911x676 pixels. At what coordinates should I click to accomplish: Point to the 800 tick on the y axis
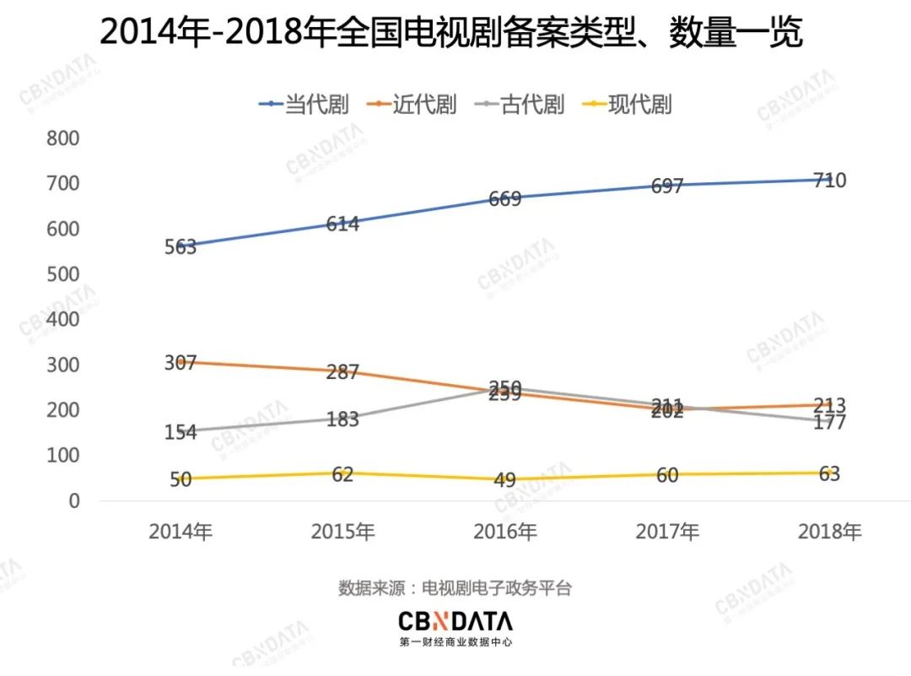62,138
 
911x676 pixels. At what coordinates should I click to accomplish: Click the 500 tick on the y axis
62,274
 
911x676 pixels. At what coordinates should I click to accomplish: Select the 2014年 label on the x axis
180,533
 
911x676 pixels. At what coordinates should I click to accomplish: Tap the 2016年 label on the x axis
504,533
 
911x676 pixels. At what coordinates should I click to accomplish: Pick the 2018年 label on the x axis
829,533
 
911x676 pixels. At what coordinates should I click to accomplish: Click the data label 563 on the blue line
181,247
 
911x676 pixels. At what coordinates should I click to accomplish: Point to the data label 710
829,181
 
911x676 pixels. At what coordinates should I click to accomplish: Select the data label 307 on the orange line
181,363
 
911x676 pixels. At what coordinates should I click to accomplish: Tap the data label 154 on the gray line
181,432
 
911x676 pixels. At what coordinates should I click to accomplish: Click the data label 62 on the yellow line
342,474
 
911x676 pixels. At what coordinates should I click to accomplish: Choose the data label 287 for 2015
342,372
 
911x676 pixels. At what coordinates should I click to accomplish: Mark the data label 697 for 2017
666,187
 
